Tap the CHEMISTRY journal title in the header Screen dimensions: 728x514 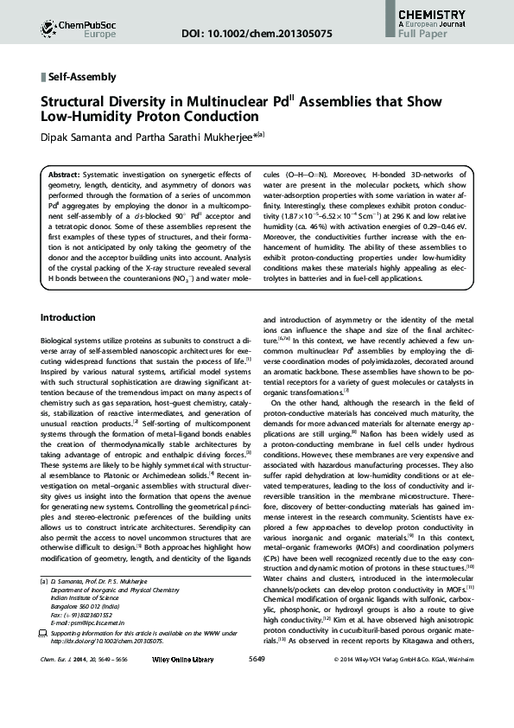tap(438, 15)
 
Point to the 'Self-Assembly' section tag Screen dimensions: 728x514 tap(83, 76)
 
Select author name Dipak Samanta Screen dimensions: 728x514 tap(86, 135)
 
